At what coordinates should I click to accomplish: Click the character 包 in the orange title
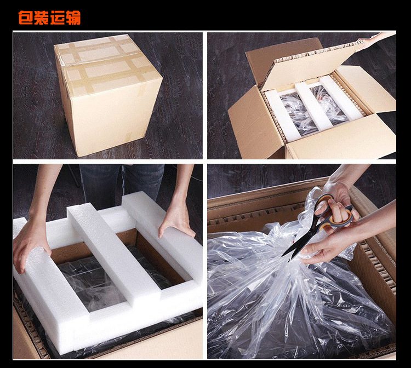(26, 18)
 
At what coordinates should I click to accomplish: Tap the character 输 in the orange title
(73, 18)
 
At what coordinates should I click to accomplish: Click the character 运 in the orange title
(58, 18)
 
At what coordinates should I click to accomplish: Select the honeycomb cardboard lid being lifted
(309, 63)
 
